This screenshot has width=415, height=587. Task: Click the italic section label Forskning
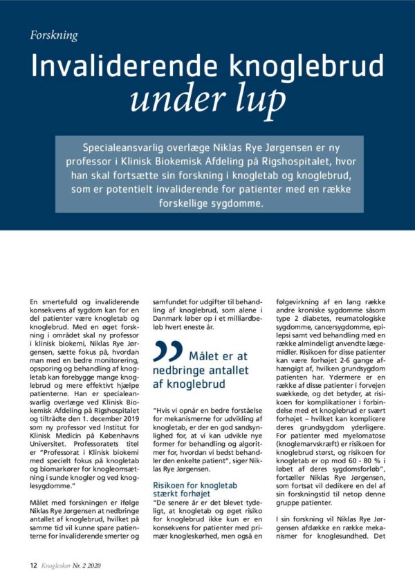tap(54, 35)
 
